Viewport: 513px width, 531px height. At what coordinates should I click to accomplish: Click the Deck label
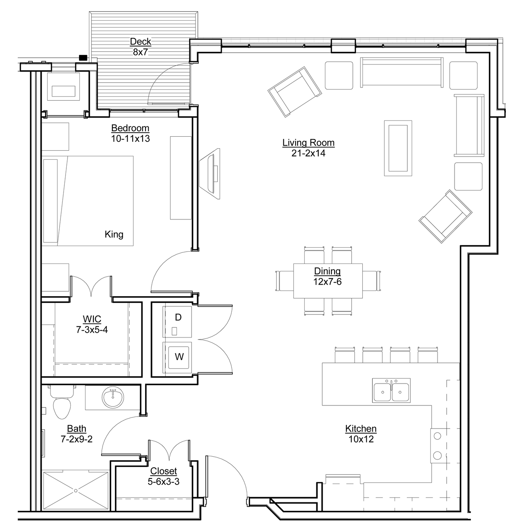pyautogui.click(x=140, y=41)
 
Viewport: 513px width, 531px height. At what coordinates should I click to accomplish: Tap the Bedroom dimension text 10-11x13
pyautogui.click(x=130, y=139)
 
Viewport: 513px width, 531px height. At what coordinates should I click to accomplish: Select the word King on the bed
pyautogui.click(x=114, y=234)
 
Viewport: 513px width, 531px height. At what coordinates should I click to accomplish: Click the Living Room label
pyautogui.click(x=308, y=143)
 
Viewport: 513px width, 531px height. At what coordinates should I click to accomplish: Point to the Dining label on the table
pyautogui.click(x=327, y=271)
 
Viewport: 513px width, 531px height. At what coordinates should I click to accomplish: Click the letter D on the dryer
pyautogui.click(x=178, y=317)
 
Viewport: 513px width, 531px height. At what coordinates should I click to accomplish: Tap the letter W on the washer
pyautogui.click(x=179, y=357)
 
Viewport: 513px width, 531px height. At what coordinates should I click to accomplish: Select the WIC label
pyautogui.click(x=92, y=319)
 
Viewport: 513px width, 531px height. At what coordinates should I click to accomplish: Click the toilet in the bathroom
pyautogui.click(x=62, y=402)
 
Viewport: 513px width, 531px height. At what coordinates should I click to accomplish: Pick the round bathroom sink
pyautogui.click(x=113, y=397)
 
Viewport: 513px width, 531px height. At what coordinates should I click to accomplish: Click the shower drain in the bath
pyautogui.click(x=75, y=490)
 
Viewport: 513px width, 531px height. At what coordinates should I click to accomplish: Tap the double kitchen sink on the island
pyautogui.click(x=391, y=390)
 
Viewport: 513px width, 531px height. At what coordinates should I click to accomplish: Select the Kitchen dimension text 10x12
pyautogui.click(x=361, y=439)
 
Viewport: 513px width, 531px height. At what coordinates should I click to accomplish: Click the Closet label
pyautogui.click(x=163, y=471)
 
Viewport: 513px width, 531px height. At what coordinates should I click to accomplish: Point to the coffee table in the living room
pyautogui.click(x=398, y=148)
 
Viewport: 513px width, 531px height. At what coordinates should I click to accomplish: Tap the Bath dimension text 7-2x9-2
pyautogui.click(x=77, y=439)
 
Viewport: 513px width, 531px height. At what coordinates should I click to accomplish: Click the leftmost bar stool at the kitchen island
pyautogui.click(x=345, y=355)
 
